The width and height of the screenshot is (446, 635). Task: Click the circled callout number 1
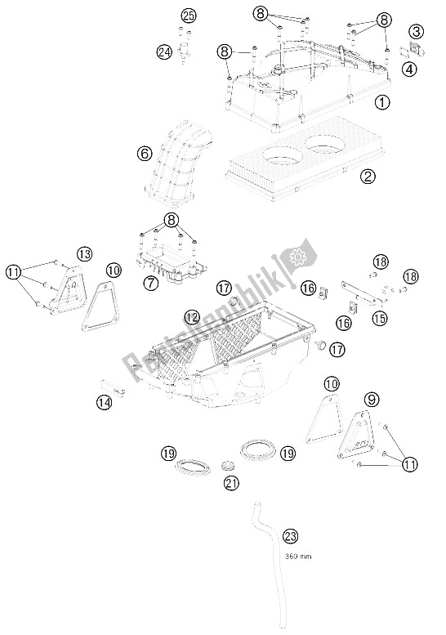point(381,103)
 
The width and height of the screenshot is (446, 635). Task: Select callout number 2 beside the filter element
point(368,176)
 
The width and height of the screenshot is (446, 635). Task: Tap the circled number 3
point(417,32)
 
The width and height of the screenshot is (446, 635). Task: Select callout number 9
point(372,400)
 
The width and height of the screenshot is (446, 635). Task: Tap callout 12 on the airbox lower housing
point(191,316)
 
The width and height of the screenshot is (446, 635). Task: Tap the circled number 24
point(166,51)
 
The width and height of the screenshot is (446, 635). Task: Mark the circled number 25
point(189,16)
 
